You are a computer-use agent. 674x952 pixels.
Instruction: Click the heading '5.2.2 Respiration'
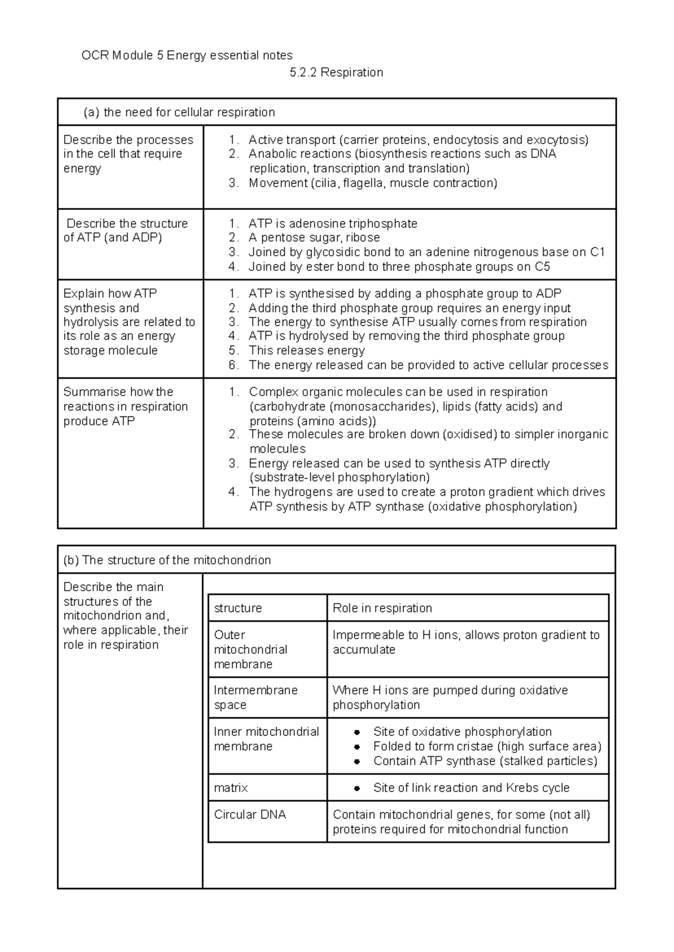pos(336,72)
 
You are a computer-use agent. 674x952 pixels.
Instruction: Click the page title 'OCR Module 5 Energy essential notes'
pos(187,56)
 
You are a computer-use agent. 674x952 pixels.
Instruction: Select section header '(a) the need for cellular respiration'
pos(179,112)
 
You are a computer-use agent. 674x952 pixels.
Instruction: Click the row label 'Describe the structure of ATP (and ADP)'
pos(126,231)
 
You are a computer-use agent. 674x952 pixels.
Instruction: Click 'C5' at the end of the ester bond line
pos(542,267)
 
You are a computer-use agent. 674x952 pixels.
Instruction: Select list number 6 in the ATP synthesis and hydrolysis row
pos(234,366)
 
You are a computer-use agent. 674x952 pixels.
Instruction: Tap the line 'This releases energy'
pos(307,351)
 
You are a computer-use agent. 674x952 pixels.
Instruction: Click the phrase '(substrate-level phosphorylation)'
pos(339,477)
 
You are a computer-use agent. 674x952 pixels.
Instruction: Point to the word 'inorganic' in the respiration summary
pos(582,434)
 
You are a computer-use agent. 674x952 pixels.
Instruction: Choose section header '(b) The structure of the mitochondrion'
pos(167,560)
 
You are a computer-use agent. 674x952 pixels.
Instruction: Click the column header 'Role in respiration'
pos(382,608)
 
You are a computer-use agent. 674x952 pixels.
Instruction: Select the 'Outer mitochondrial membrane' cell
pos(251,649)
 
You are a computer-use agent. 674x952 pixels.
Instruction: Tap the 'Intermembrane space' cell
pos(256,697)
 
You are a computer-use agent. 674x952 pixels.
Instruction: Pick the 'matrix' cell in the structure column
pos(231,788)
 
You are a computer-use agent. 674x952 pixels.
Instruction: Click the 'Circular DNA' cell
pos(250,815)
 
